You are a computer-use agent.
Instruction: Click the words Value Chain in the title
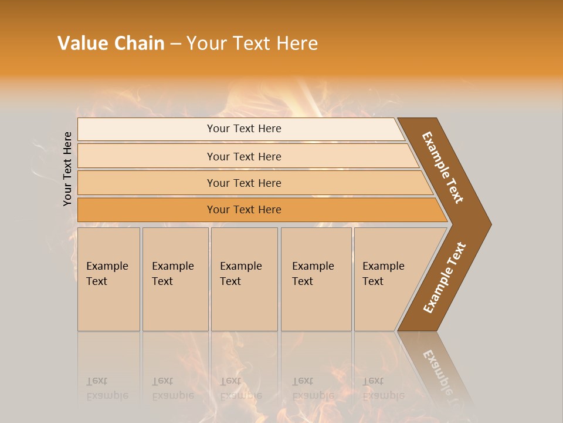coord(111,43)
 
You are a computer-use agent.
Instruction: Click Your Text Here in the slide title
coord(252,43)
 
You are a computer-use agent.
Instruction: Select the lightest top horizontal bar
coord(240,129)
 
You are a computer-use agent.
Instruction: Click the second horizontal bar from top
coord(244,156)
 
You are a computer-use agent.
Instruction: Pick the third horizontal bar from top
coord(244,183)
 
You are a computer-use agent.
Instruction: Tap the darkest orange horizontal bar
coord(244,210)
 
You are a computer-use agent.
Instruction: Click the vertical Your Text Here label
coord(68,169)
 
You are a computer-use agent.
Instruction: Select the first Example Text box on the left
coord(108,278)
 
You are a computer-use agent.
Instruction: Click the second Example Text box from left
coord(175,278)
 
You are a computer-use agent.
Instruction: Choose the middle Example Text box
coord(243,278)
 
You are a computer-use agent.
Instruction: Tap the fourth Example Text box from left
coord(316,278)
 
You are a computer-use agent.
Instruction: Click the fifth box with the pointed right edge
coord(387,278)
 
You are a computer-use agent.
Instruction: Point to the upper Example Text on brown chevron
coord(443,167)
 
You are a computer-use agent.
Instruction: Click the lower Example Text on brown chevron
coord(445,278)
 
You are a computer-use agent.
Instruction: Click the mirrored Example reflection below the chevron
coord(439,370)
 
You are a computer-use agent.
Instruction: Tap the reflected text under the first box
coord(107,388)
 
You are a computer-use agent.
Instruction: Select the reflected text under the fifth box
coord(382,388)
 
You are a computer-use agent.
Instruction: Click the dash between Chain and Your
coord(175,44)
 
